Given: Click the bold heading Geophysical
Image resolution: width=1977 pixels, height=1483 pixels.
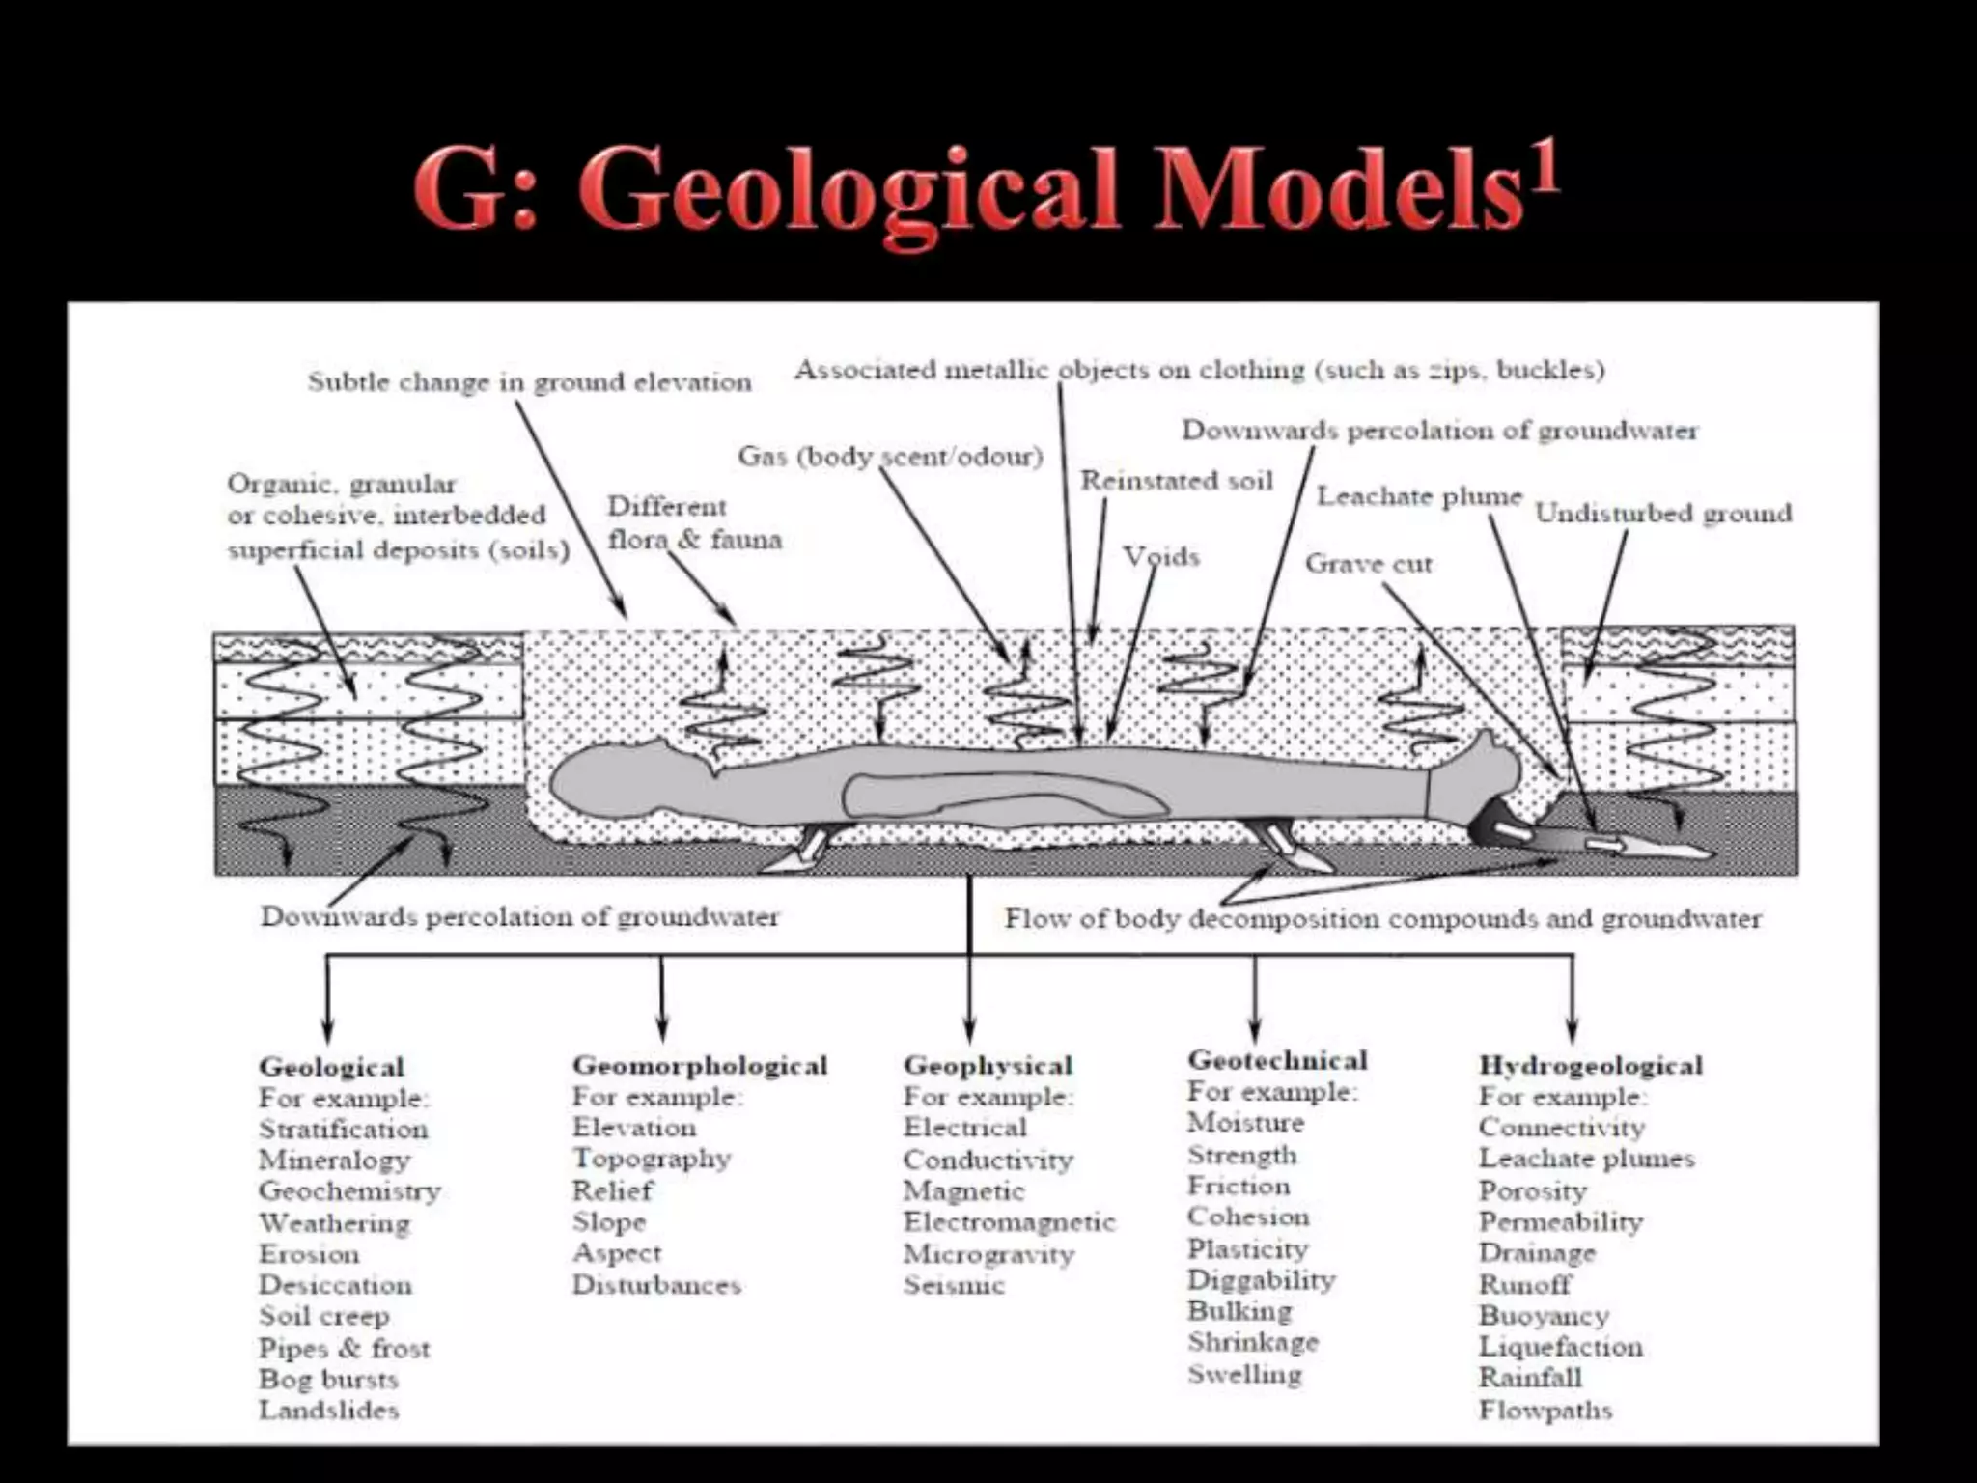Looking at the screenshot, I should (988, 1065).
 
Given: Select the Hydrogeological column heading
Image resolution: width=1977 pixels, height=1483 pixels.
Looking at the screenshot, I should (1590, 1065).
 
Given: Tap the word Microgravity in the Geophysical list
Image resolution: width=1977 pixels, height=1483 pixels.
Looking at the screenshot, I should (988, 1254).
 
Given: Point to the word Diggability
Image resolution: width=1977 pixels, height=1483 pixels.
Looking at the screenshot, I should (1261, 1279).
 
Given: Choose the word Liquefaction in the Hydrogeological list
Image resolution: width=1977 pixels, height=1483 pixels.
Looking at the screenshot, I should (1560, 1347).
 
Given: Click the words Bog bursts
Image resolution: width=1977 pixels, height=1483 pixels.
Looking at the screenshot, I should (328, 1379).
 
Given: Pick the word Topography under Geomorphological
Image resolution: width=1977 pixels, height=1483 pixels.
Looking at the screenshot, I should (652, 1158).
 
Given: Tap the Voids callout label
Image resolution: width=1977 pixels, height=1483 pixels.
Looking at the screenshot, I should (1160, 557).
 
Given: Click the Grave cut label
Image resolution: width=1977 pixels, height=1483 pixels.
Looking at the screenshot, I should (1368, 564).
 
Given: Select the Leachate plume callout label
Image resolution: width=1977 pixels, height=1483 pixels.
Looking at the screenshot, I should (1419, 496).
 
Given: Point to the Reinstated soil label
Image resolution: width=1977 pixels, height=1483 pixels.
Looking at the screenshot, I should (1176, 481).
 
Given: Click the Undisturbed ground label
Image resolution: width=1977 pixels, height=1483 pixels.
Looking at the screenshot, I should (1663, 513).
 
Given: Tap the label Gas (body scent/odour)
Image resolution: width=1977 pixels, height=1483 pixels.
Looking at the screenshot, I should (890, 456).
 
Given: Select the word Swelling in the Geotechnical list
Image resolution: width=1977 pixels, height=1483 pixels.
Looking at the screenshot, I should (1244, 1374).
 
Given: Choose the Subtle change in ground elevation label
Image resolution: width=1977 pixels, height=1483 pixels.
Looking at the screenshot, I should (529, 382).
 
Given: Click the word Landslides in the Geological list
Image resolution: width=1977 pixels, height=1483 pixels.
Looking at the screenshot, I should (328, 1410).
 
